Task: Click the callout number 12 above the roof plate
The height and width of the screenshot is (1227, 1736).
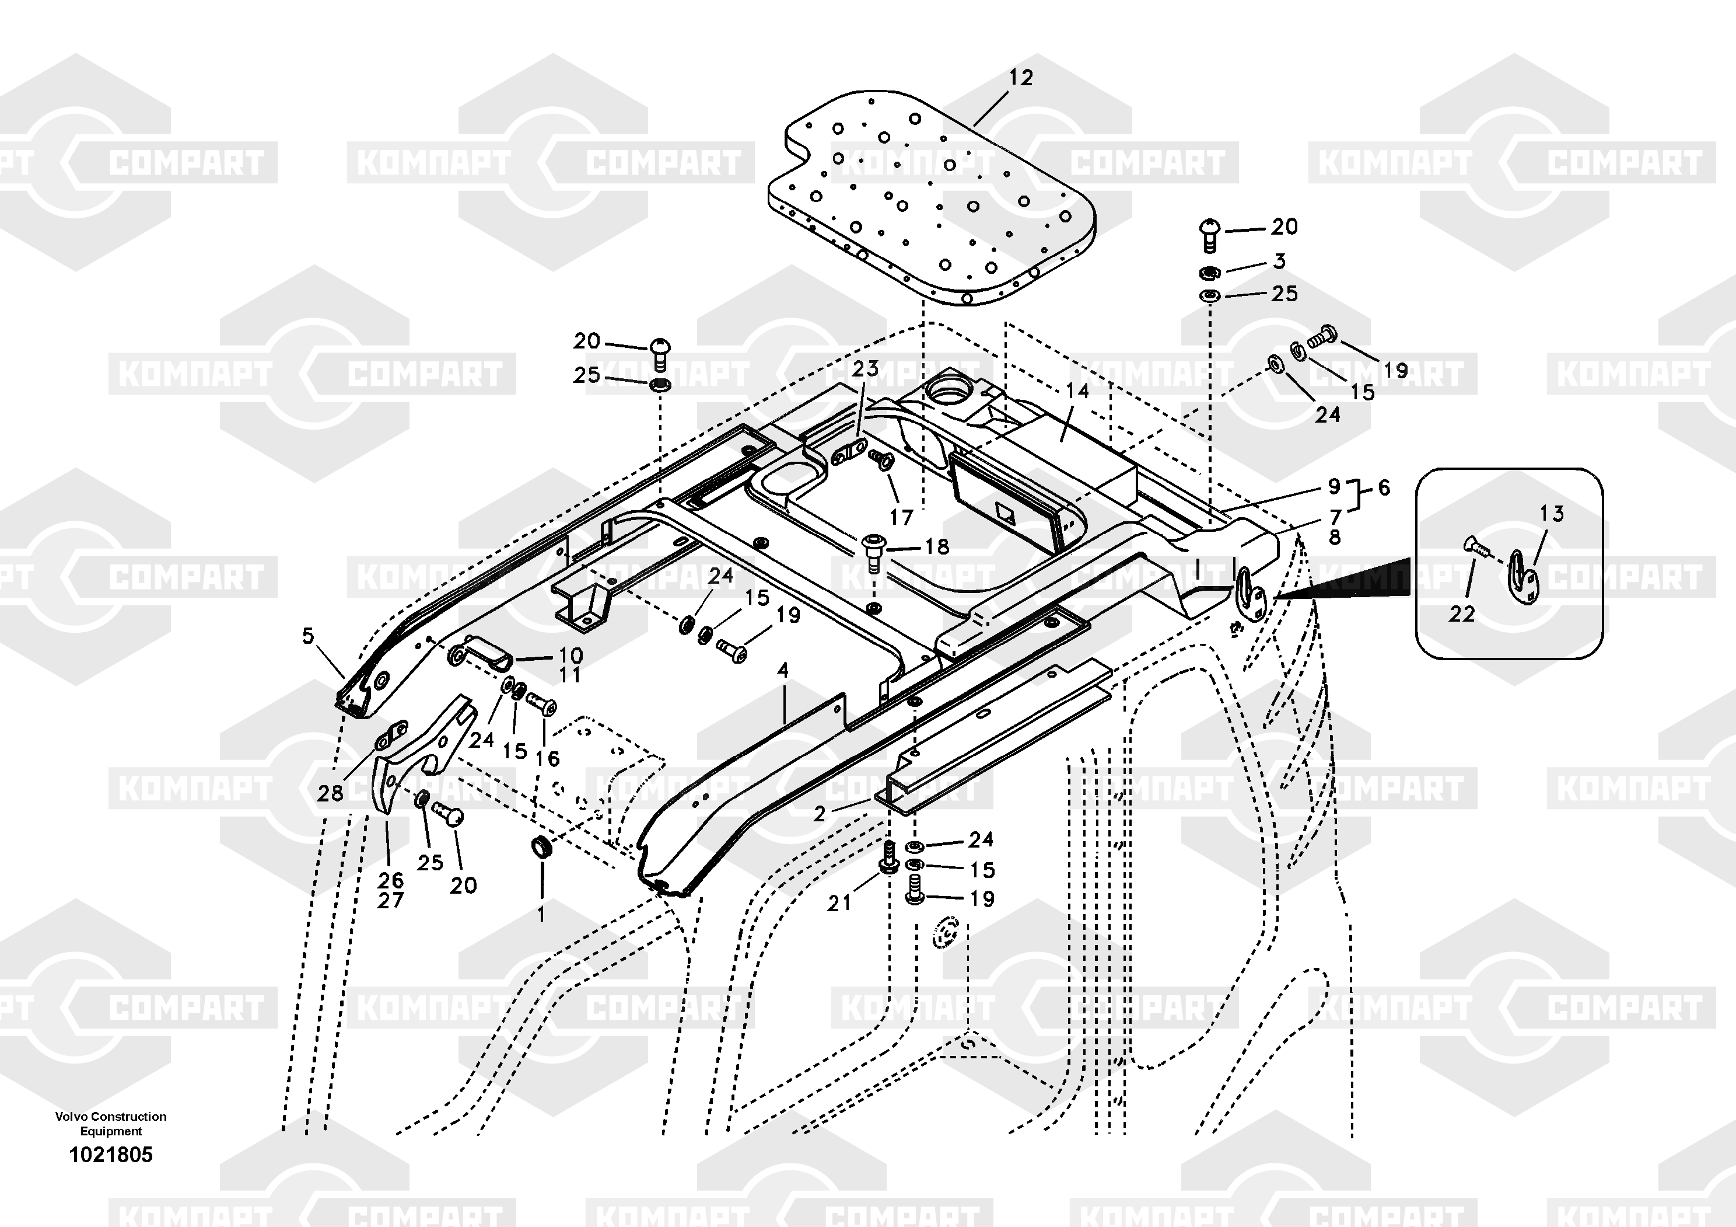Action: click(x=1021, y=78)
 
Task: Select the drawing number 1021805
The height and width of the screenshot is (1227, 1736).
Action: click(x=111, y=1155)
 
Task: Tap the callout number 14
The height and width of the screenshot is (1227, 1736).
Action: click(x=1077, y=391)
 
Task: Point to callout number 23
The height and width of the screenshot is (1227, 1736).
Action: click(x=865, y=368)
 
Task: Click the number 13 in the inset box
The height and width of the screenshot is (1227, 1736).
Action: click(x=1552, y=514)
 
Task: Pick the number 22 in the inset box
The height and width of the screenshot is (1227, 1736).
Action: click(x=1461, y=613)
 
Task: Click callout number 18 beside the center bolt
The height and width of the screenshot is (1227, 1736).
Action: click(x=937, y=546)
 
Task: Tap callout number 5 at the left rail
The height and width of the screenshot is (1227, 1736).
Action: click(x=308, y=636)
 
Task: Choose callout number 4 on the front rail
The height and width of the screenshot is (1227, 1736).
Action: click(x=783, y=670)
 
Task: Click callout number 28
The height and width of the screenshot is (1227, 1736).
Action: click(x=330, y=793)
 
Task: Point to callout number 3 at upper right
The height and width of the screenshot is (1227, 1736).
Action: click(x=1279, y=261)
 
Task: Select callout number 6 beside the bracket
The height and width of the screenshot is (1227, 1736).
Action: click(x=1384, y=487)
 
